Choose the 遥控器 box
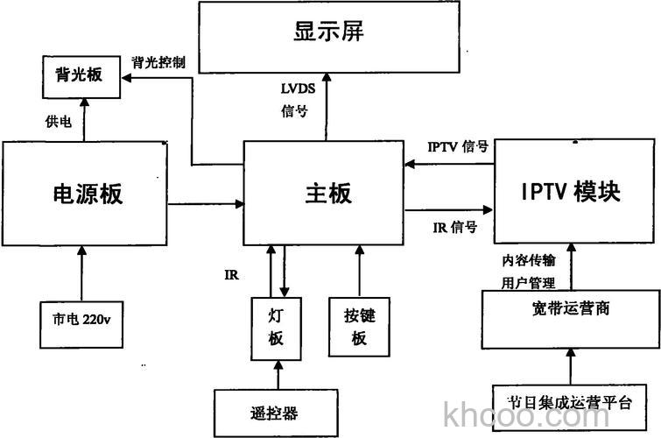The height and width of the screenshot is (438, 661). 276,410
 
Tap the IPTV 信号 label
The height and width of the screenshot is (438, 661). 457,146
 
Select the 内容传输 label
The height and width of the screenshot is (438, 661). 528,260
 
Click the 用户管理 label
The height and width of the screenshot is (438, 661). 528,281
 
